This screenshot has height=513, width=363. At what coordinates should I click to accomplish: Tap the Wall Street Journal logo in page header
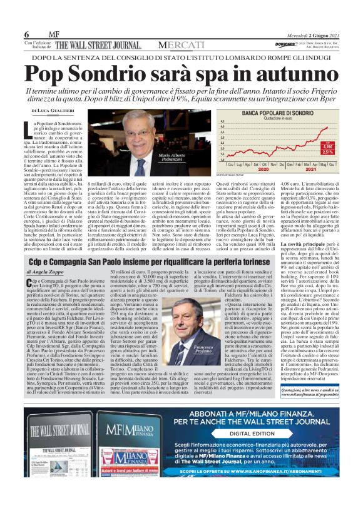(x=100, y=44)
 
